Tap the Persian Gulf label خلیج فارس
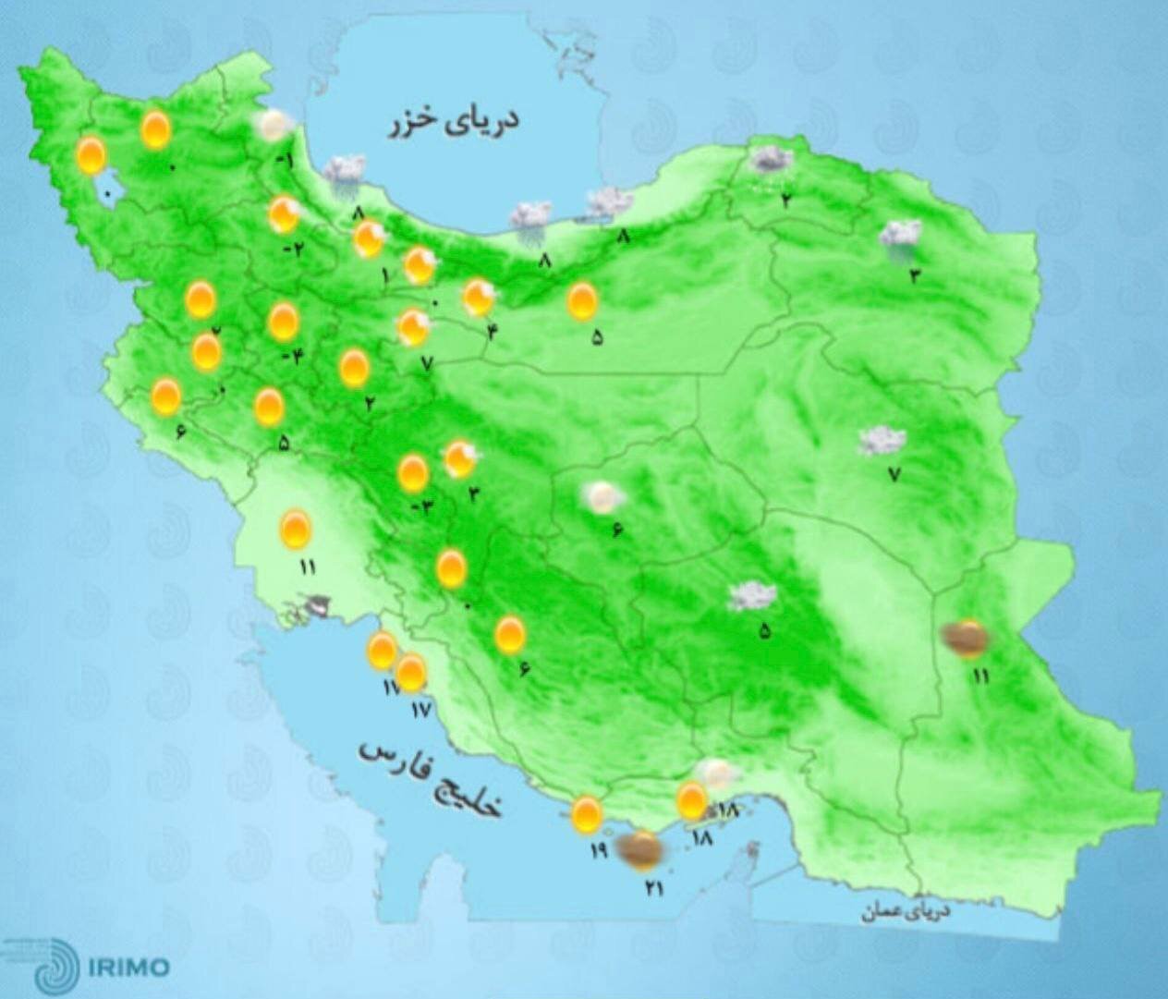pyautogui.click(x=432, y=777)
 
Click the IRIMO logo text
pyautogui.click(x=130, y=968)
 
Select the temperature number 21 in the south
pyautogui.click(x=654, y=888)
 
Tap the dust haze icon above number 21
pyautogui.click(x=639, y=849)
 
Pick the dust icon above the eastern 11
pyautogui.click(x=965, y=639)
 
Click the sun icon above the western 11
pyautogui.click(x=296, y=530)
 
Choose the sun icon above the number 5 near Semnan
pyautogui.click(x=582, y=301)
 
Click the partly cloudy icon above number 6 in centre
pyautogui.click(x=603, y=498)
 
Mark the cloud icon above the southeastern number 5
pyautogui.click(x=752, y=597)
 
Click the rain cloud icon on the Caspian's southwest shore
pyautogui.click(x=343, y=173)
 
